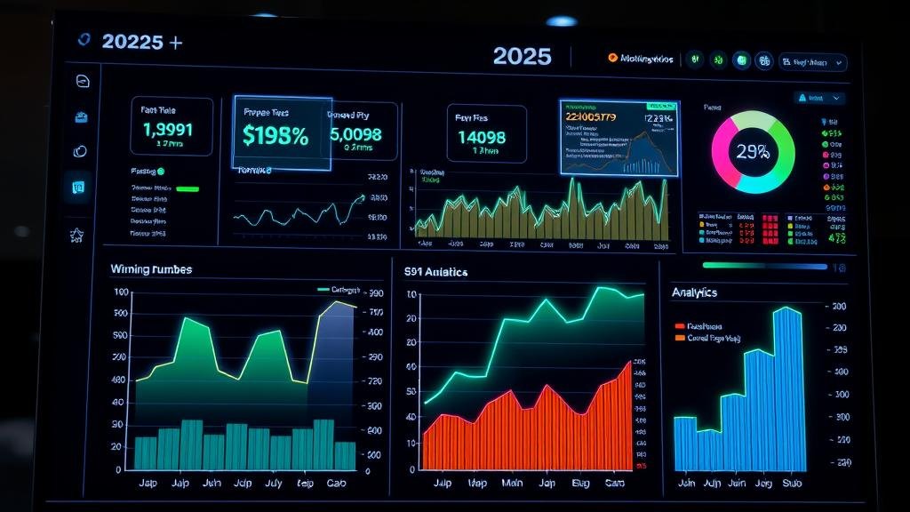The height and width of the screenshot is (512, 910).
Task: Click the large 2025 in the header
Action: click(x=522, y=56)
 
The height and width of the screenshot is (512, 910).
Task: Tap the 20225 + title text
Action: click(x=142, y=42)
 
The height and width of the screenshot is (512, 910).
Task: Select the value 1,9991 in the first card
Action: click(x=168, y=130)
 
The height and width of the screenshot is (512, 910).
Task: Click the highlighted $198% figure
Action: click(x=275, y=136)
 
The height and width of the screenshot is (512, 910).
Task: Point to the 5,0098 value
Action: click(x=355, y=135)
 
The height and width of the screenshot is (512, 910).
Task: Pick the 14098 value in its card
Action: click(x=481, y=137)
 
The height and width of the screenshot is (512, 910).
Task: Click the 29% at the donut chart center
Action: click(x=752, y=152)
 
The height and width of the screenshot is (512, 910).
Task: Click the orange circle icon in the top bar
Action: click(x=612, y=59)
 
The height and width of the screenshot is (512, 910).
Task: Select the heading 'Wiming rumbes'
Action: click(x=151, y=268)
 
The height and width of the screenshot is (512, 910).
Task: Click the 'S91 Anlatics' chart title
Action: click(x=435, y=272)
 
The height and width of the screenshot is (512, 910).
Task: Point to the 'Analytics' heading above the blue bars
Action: click(x=694, y=292)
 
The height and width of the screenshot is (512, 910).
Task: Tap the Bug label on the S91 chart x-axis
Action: click(x=580, y=484)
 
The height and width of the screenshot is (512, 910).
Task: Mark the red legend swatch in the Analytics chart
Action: click(x=680, y=326)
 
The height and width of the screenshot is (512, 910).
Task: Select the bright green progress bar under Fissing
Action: click(x=188, y=188)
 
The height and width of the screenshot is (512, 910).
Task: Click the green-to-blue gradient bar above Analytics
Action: click(x=764, y=265)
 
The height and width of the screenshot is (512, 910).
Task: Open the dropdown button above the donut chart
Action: click(x=819, y=98)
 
